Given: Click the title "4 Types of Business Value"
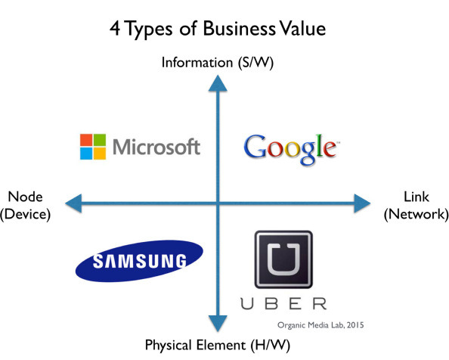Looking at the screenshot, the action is (218, 29).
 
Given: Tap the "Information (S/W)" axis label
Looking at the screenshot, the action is (218, 63).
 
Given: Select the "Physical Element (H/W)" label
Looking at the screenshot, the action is (218, 345).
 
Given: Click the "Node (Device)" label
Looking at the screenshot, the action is (25, 206).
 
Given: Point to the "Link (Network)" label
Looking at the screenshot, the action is (416, 206).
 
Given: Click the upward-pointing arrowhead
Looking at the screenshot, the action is (218, 84).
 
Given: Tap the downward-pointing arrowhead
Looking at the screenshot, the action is (218, 324).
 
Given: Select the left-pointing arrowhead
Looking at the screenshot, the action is (74, 203).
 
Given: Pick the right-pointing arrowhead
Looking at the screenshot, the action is (362, 203).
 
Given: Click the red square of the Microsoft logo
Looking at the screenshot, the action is (86, 140).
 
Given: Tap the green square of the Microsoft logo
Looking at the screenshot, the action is (100, 140).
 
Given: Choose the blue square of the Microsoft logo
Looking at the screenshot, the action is (86, 154).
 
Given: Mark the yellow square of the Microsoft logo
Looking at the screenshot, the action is (100, 154).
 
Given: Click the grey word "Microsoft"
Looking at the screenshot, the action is (156, 147).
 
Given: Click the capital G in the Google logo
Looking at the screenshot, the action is (255, 147).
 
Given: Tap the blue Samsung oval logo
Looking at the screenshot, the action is (139, 261).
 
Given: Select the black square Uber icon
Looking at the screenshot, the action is (283, 259).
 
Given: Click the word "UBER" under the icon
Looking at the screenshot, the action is (283, 303).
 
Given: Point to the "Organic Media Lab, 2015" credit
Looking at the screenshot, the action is (320, 325).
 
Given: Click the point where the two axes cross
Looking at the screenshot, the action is (218, 203).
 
